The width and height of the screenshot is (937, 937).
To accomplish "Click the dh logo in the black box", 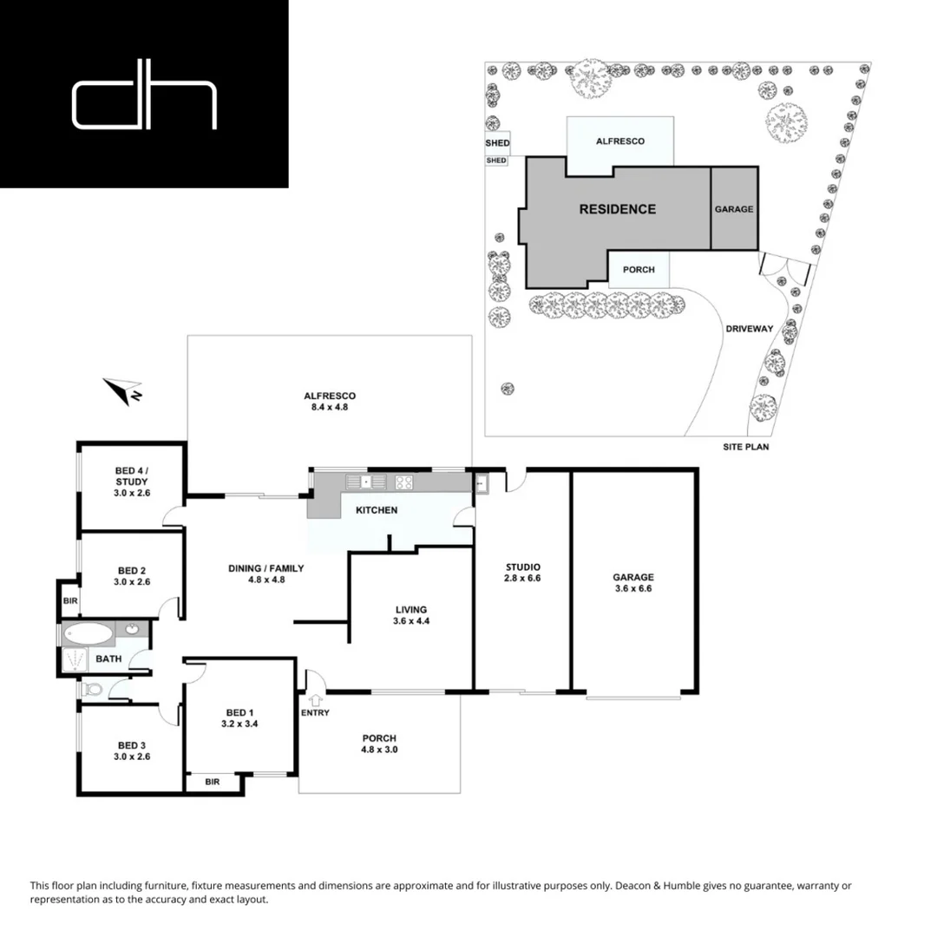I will coord(144,105).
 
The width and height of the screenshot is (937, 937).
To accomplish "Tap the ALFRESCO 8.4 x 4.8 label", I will coord(331,401).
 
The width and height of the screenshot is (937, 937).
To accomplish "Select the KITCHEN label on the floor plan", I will coord(377,510).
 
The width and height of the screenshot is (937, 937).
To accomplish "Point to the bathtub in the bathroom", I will coord(88,633).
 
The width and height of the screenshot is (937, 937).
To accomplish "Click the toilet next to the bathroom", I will coord(92,691).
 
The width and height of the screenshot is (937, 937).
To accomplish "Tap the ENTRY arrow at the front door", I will coord(314,699).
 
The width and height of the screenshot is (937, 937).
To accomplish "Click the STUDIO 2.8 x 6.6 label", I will coord(523,573).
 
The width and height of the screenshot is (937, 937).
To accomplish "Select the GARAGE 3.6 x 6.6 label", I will coord(632,581).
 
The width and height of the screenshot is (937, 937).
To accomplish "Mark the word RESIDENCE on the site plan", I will coord(617,209).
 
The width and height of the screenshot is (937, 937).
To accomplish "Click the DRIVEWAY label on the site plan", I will coord(750,329).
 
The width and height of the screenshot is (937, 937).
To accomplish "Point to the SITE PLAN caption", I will coord(746,448).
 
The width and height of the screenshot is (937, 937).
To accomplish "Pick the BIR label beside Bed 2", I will coord(69,600).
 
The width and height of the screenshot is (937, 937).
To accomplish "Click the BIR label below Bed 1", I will coord(212,782).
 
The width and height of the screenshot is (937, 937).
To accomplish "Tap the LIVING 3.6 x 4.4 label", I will coord(410,614).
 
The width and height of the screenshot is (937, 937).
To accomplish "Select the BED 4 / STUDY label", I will coord(132,482).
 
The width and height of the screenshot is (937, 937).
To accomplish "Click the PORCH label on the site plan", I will coord(644,270).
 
